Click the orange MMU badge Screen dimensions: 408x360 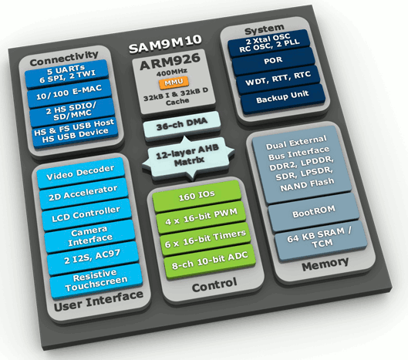pos(174,82)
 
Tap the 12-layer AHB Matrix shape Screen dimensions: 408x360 pos(188,156)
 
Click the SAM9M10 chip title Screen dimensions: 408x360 pos(165,44)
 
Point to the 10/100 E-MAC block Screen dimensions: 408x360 pos(69,93)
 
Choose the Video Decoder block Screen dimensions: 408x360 pos(80,172)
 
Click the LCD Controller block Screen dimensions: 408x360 pos(86,214)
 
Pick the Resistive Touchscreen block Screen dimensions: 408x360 pos(96,280)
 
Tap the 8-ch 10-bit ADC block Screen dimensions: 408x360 pos(210,260)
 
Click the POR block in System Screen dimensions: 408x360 pos(273,61)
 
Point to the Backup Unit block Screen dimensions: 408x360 pos(282,96)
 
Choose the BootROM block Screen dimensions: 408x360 pos(314,212)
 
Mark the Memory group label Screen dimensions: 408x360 pos(325,264)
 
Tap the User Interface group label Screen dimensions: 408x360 pos(99,301)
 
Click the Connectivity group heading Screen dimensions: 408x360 pos(64,59)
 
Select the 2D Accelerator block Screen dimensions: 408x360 pos(83,193)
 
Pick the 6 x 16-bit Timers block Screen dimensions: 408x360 pos(205,239)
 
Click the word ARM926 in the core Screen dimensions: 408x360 pos(170,62)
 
